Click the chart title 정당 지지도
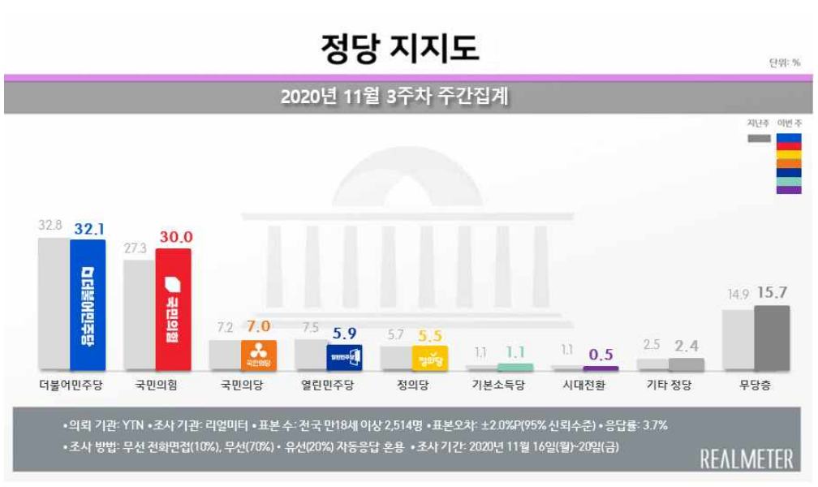(x=400, y=47)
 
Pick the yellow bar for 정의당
(x=431, y=356)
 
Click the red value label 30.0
(x=175, y=237)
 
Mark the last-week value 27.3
(x=137, y=248)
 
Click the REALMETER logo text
(x=746, y=459)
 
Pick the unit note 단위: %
(x=784, y=63)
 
